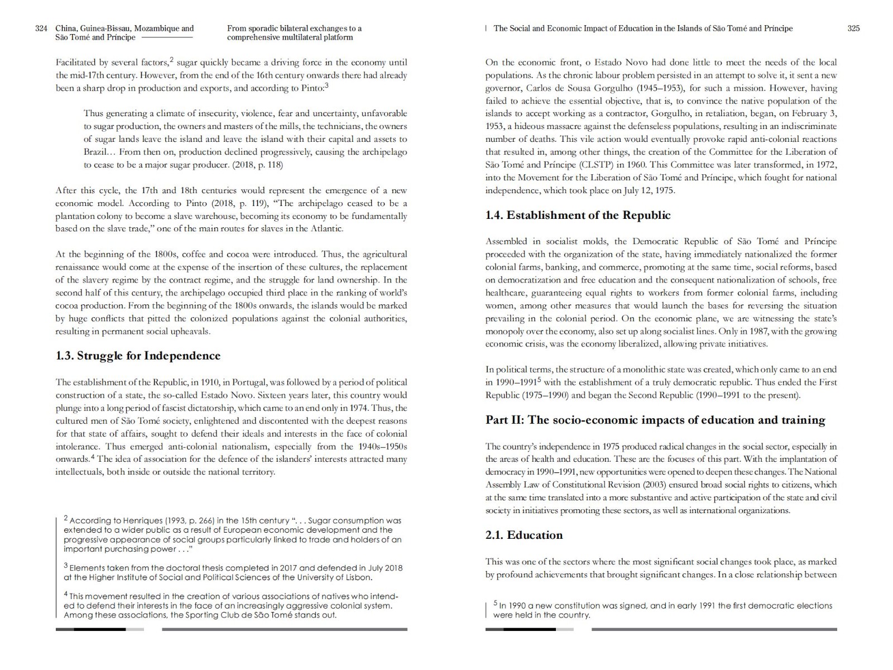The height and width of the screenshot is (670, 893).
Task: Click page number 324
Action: point(41,28)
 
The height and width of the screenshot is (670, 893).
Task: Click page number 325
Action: point(853,28)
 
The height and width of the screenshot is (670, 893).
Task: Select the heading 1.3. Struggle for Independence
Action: point(138,356)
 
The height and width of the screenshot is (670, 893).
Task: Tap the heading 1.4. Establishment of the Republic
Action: point(578,215)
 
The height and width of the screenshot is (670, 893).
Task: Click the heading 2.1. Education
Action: point(524,535)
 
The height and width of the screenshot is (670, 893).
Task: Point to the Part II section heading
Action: point(655,420)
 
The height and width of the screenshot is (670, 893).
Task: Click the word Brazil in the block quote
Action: point(95,152)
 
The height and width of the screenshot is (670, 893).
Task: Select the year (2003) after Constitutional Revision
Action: point(656,485)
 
